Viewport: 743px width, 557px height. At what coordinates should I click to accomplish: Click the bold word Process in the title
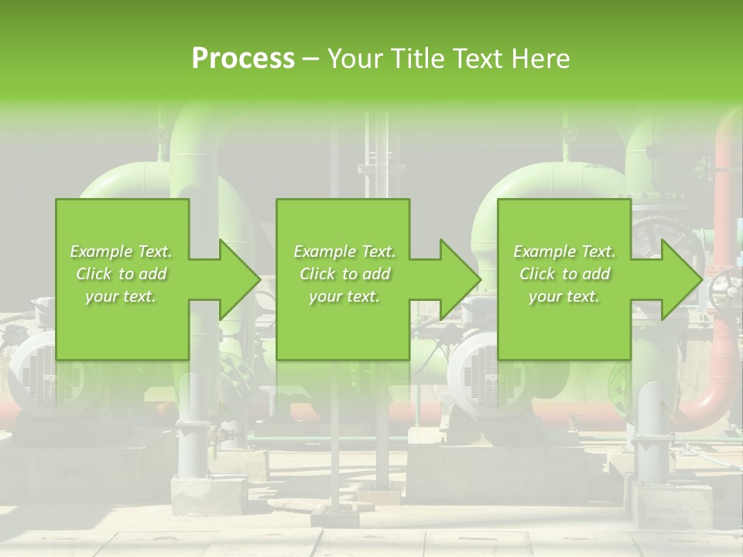point(243,59)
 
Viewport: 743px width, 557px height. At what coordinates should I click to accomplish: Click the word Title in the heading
point(421,59)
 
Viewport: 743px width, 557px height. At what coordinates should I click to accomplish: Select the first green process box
point(122,279)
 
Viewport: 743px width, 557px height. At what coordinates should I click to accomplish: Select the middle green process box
point(343,279)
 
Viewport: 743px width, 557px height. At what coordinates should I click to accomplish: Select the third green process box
point(563,279)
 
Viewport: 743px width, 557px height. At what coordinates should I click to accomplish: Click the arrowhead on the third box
point(680,279)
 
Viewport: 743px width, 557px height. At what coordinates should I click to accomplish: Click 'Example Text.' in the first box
point(121,251)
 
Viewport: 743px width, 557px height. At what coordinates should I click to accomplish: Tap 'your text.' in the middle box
point(344,296)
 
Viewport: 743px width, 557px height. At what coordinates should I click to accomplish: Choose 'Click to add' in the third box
point(564,274)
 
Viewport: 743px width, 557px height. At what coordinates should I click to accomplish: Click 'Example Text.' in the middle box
point(344,251)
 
